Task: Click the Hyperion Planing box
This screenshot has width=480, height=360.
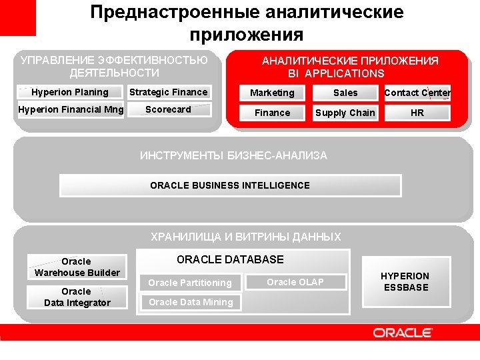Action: [70, 93]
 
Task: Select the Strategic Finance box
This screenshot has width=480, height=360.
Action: [168, 93]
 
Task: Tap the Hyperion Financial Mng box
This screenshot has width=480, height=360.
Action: [70, 110]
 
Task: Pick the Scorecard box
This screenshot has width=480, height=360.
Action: [168, 110]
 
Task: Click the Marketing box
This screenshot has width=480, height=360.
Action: [272, 93]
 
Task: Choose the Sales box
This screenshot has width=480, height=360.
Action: [345, 93]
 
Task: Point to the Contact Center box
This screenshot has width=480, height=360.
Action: [417, 93]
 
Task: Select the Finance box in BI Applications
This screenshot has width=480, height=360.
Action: [272, 113]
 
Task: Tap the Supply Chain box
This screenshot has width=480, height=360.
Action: [345, 113]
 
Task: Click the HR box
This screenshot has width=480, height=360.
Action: [417, 113]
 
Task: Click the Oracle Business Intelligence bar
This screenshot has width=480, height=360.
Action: [230, 185]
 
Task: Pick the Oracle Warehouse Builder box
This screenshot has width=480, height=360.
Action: [77, 267]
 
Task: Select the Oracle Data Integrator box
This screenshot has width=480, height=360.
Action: [77, 297]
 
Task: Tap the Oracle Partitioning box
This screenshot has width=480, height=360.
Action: [190, 283]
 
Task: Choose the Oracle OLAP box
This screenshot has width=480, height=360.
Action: [295, 282]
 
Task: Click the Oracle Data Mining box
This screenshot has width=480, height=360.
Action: [190, 302]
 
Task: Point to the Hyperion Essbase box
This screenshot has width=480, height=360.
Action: [405, 282]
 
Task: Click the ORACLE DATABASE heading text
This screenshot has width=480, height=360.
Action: [230, 260]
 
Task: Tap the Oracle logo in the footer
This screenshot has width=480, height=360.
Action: [403, 333]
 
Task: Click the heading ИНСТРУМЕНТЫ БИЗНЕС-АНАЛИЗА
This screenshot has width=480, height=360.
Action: [233, 156]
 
